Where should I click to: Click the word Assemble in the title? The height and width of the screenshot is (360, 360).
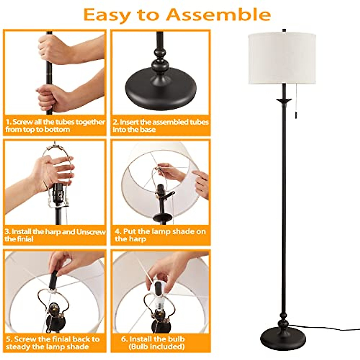[x=218, y=14]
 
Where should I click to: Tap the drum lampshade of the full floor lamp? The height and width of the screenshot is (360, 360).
[x=282, y=58]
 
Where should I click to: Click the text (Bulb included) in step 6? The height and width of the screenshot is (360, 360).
[x=156, y=347]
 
